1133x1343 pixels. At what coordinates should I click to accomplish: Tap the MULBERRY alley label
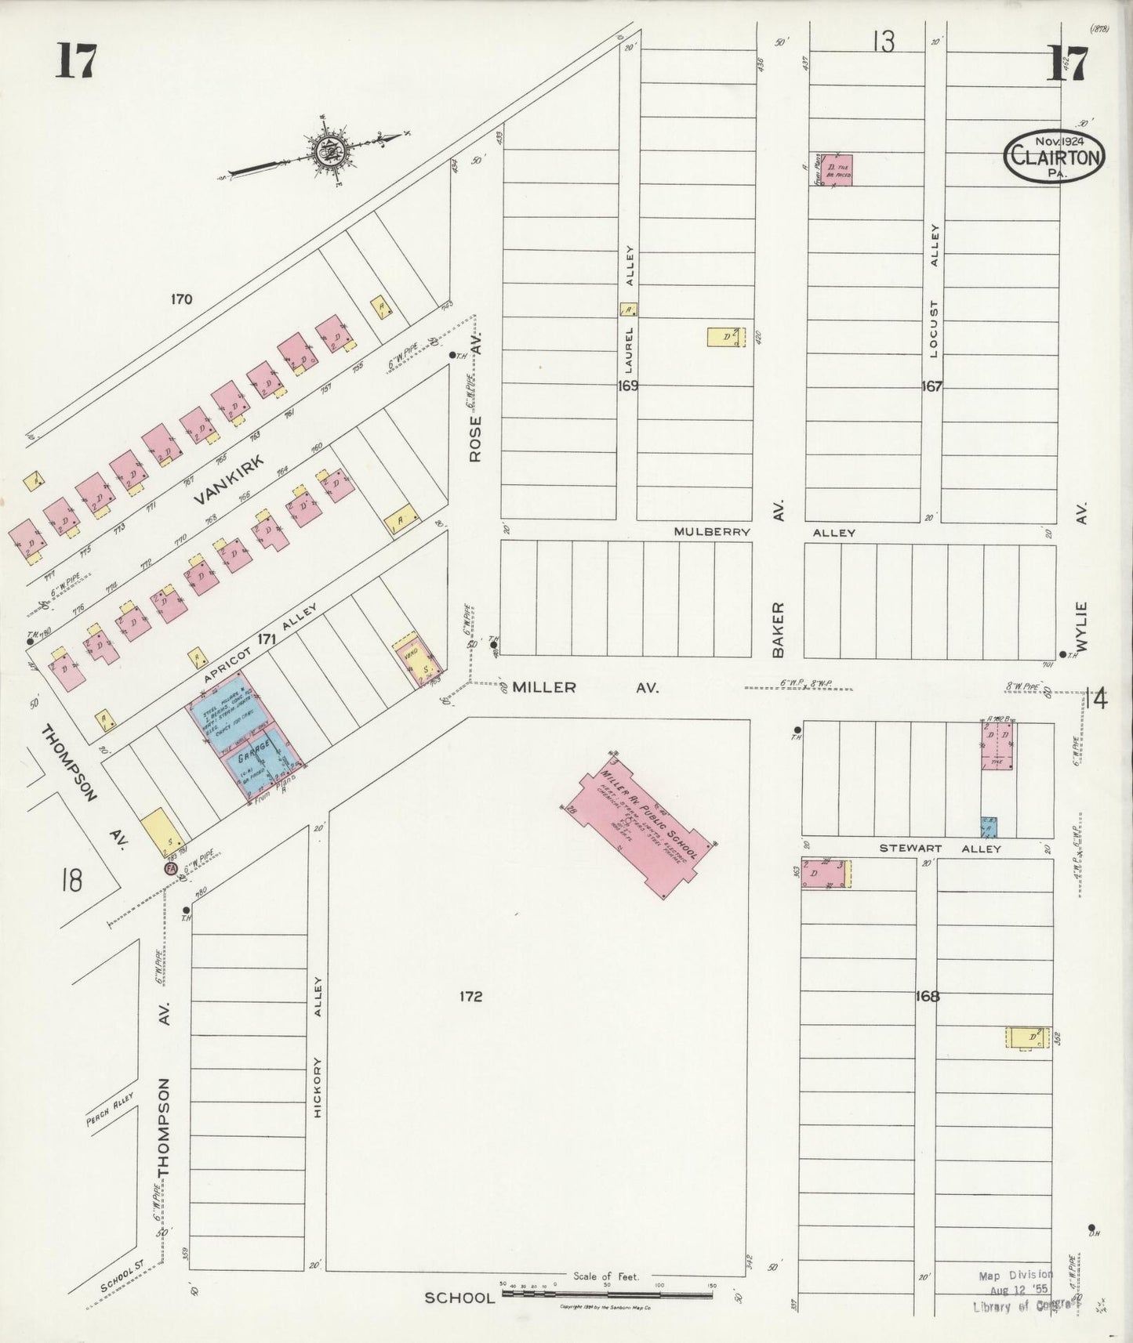(712, 532)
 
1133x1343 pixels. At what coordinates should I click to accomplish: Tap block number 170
(181, 299)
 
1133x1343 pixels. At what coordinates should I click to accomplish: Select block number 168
(928, 997)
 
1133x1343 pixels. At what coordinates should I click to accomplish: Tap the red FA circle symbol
(169, 869)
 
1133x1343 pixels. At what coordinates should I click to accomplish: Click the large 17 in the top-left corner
(76, 62)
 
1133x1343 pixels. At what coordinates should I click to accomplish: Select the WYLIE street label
(1083, 627)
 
